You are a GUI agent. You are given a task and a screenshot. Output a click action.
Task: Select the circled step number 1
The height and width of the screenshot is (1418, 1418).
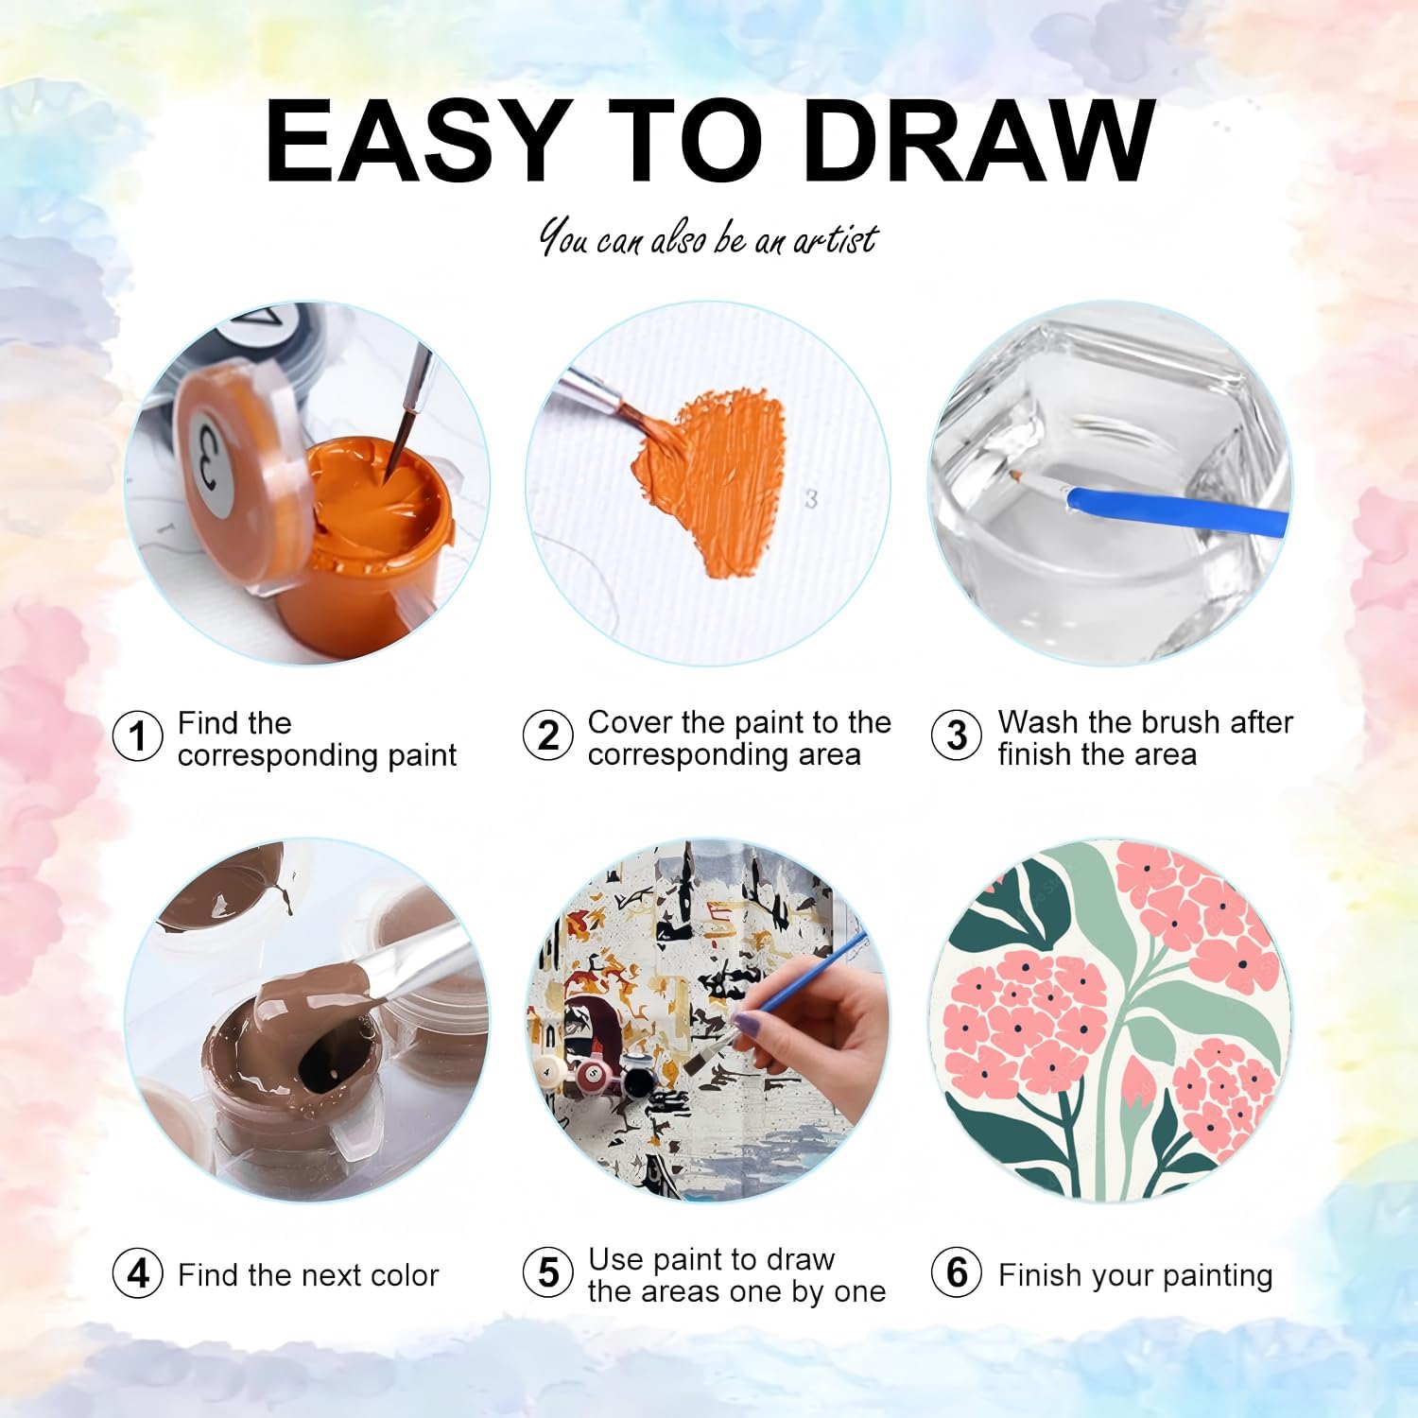138,736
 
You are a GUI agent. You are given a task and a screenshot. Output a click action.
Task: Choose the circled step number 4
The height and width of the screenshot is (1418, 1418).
138,1273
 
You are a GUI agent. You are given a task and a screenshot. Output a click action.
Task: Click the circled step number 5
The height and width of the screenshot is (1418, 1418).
548,1273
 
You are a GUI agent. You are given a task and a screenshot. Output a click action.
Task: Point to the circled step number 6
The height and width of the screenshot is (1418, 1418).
957,1273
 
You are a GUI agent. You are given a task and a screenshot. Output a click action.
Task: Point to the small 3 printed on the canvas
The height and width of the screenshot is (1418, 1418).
810,498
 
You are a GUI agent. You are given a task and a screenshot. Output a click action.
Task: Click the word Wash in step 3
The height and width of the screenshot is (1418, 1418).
1039,722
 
